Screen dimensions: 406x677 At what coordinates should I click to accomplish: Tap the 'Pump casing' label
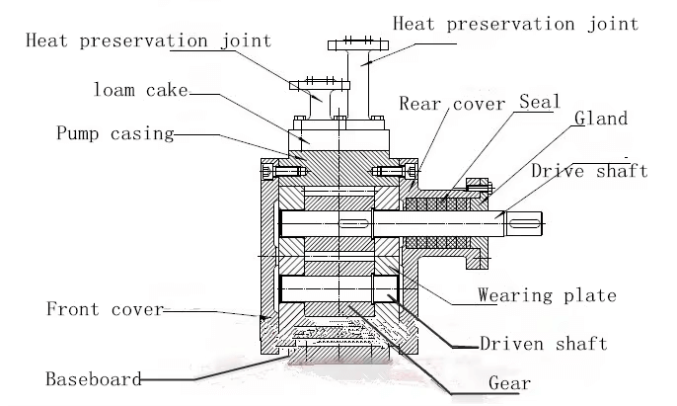[114, 132]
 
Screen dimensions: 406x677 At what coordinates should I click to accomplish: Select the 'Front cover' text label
[105, 309]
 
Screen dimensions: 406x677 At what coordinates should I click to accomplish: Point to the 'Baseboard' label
[93, 378]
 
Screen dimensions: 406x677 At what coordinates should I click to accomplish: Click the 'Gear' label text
[510, 383]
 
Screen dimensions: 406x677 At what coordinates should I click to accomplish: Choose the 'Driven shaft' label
[542, 344]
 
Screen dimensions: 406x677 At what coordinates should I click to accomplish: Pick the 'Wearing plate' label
[546, 295]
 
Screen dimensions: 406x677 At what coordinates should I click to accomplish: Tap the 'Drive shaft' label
[589, 171]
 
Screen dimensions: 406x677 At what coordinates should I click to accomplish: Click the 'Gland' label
[601, 119]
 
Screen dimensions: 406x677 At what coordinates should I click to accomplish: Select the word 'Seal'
[539, 102]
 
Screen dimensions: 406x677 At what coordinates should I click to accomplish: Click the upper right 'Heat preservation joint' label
[515, 24]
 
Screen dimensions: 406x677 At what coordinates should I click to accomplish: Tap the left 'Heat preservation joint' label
[147, 41]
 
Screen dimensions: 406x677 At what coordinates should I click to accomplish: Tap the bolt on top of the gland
[479, 184]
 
